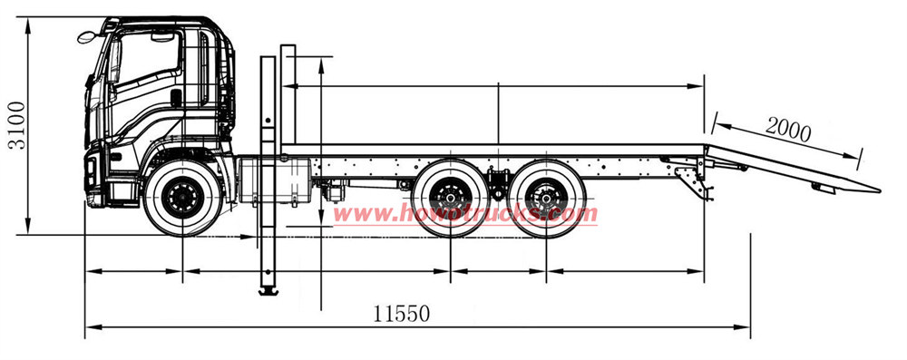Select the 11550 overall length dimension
[400, 314]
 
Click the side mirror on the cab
[87, 37]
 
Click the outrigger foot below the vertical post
[268, 290]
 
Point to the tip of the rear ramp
[877, 190]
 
